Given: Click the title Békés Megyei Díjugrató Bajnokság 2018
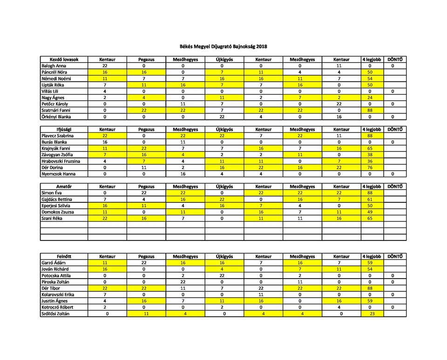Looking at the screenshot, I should [223, 47].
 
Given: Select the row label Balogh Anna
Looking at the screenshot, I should [54, 66].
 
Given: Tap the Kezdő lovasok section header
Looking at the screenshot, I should [64, 60].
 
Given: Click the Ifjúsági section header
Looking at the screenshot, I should [64, 129].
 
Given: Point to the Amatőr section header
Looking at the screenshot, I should [64, 187].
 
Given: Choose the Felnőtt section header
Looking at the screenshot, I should [64, 256].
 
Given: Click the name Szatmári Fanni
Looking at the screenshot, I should [56, 110].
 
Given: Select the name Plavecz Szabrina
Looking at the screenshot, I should [59, 136].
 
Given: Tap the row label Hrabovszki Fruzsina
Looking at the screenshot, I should [61, 161].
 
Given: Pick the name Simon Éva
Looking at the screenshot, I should [52, 193].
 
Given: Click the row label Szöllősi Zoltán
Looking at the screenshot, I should [57, 313].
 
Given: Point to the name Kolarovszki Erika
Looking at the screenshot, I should [59, 294].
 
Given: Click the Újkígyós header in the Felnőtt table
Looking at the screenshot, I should [224, 256].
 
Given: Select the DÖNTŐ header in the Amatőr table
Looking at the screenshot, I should [395, 187].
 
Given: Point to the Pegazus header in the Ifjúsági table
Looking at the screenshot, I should [146, 129].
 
